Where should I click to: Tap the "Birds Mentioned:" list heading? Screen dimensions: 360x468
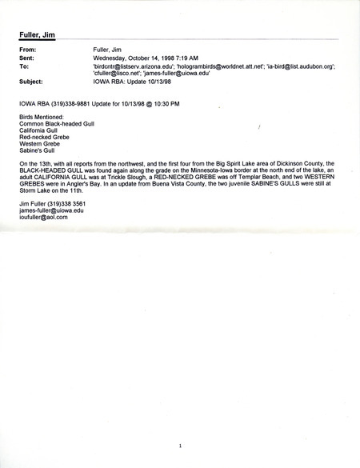(42, 118)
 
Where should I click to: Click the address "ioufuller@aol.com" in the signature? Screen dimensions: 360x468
(43, 217)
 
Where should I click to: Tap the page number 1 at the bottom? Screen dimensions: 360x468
(181, 446)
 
